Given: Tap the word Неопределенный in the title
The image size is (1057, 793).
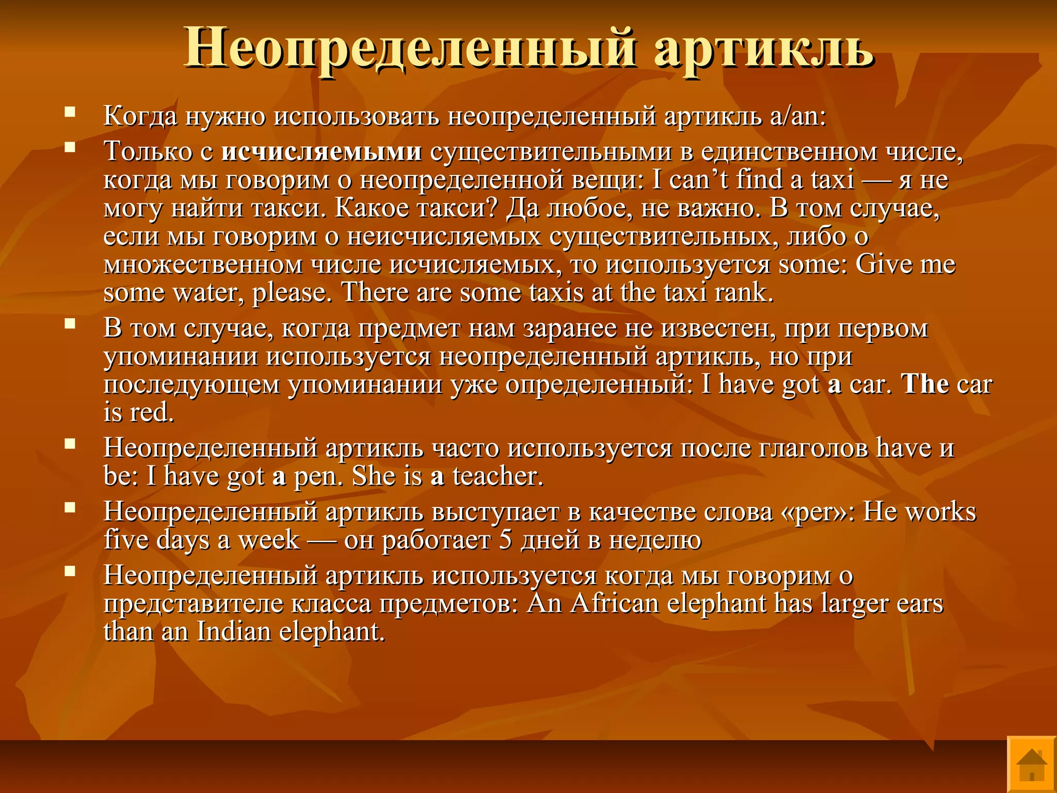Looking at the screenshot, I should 410,48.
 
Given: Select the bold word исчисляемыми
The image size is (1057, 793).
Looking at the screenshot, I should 322,151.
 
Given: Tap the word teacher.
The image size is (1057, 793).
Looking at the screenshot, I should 498,476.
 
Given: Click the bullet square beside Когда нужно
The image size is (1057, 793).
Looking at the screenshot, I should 70,111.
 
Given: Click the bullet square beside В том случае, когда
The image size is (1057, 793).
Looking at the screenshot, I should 70,323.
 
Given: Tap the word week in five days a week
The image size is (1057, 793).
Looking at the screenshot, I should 268,540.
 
